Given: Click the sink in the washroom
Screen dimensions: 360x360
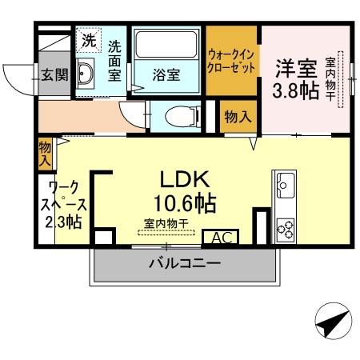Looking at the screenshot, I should pos(87,76).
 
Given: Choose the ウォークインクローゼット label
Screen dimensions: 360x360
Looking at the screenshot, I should pos(232,62).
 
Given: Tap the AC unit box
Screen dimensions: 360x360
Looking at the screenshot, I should pos(222,238).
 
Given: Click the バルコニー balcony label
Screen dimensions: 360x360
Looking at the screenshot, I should pos(185,264).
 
